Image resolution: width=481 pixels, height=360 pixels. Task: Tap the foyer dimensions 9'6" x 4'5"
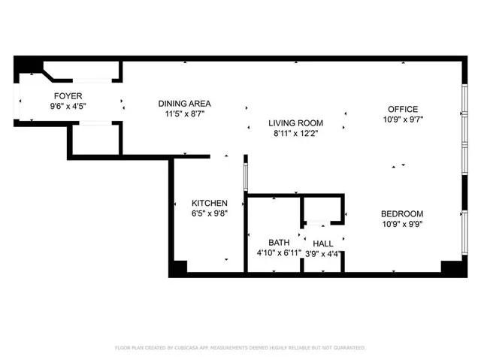tap(68, 106)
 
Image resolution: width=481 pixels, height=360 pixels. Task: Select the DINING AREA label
tap(184, 104)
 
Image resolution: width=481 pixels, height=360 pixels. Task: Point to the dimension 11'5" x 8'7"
tap(184, 114)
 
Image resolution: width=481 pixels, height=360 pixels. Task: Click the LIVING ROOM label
tap(296, 123)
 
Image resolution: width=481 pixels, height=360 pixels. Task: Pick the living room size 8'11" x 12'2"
tap(296, 134)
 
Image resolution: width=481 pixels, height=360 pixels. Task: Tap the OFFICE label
tap(403, 109)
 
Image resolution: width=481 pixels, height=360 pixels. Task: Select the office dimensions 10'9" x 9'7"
tap(403, 119)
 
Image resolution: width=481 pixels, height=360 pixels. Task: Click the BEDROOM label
tap(403, 213)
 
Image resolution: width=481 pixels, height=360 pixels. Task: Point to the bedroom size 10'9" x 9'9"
tap(403, 224)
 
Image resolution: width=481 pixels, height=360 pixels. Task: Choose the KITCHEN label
tap(210, 203)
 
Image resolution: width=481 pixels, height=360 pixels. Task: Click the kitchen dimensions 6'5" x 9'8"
tap(210, 213)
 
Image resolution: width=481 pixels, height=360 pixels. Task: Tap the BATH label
tap(280, 243)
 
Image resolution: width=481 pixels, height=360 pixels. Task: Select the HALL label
tap(323, 244)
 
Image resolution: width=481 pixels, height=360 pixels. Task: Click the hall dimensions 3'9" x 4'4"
tap(323, 253)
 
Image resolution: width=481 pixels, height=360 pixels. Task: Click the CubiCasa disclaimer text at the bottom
tap(240, 348)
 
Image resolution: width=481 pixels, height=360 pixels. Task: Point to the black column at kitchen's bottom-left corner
tap(178, 268)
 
